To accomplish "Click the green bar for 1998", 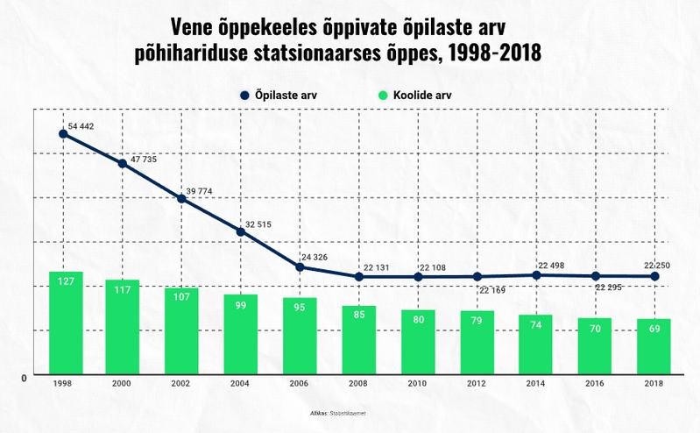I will [x=66, y=323].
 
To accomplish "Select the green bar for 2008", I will [x=358, y=340].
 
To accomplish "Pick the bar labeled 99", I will [x=240, y=334].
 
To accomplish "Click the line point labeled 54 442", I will [x=63, y=134].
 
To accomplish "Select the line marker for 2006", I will [x=300, y=266].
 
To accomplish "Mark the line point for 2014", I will [x=536, y=275].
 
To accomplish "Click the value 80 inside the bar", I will [x=418, y=319].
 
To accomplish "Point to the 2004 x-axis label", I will [x=240, y=384].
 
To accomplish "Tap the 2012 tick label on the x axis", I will [x=477, y=384].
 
